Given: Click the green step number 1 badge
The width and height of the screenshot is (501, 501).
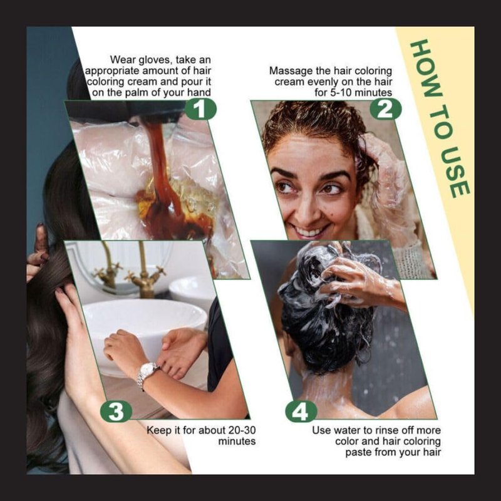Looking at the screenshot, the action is pos(200,109).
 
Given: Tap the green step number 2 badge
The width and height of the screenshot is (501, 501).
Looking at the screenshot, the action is pos(385,109).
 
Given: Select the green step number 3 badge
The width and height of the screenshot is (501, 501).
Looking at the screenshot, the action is pos(116,411).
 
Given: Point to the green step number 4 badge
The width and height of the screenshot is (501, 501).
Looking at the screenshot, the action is pos(301,411).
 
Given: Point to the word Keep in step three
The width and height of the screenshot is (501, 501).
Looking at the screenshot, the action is pos(159,430).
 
